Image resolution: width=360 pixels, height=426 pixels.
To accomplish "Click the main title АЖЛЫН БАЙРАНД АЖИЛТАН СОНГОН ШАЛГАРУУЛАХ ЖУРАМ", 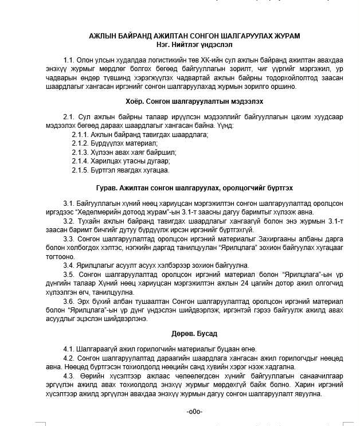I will point(194,36).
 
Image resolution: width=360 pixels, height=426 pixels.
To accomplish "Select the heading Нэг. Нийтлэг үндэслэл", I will point(194,44).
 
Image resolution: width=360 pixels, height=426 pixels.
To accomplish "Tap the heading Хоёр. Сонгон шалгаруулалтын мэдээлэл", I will point(194,101).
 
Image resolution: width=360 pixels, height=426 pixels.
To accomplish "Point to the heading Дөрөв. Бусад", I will point(194,333).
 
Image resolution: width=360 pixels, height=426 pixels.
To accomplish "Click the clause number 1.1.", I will point(69,60).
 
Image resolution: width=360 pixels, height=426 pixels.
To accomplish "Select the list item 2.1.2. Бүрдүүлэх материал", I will point(115,143).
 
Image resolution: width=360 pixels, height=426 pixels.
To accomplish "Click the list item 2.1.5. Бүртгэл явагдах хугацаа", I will point(120,170).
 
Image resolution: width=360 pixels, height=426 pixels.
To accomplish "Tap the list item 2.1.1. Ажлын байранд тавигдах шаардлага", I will point(140,134).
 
